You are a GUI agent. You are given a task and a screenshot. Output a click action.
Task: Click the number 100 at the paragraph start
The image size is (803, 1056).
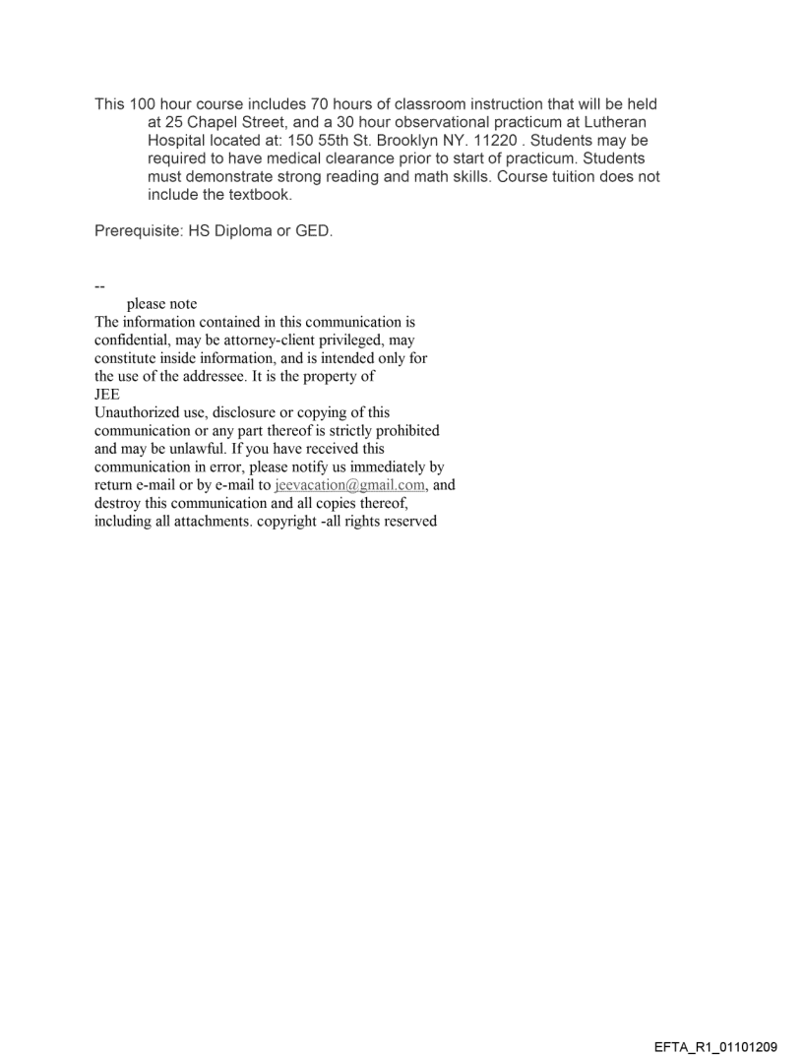(x=144, y=104)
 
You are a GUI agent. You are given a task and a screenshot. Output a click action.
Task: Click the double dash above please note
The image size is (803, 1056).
(x=99, y=286)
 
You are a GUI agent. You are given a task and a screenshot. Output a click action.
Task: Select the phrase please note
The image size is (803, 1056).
(x=161, y=304)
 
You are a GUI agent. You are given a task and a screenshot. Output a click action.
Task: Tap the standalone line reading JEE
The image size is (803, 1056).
(x=106, y=394)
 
